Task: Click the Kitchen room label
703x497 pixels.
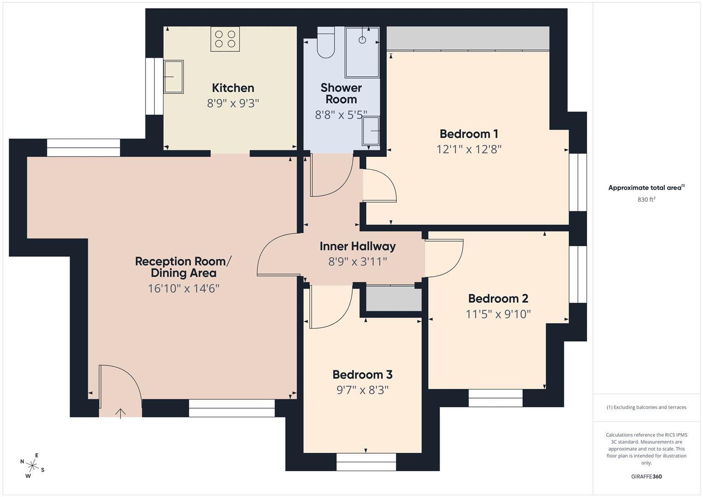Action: (x=233, y=88)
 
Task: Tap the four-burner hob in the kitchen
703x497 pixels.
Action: (x=225, y=39)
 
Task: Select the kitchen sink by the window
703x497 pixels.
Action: (x=173, y=77)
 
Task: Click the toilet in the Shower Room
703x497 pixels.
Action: (x=326, y=44)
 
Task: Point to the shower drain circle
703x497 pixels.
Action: (x=362, y=40)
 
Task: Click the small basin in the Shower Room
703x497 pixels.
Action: (x=371, y=131)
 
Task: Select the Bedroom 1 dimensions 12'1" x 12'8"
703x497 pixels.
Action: (x=469, y=149)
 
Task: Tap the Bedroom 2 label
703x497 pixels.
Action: (x=498, y=298)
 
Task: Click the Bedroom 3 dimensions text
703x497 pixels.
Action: (x=362, y=390)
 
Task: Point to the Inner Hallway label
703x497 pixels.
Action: (x=358, y=246)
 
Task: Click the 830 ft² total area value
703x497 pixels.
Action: (x=646, y=200)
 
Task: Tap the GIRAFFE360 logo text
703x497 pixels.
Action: (x=646, y=476)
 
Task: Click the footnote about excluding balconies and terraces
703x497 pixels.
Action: (x=646, y=407)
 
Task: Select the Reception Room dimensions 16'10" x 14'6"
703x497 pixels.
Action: (x=183, y=289)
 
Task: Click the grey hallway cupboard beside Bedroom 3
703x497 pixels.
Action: (x=394, y=299)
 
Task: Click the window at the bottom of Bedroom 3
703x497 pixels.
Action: (x=366, y=462)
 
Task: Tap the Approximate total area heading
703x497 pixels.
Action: (x=646, y=188)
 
